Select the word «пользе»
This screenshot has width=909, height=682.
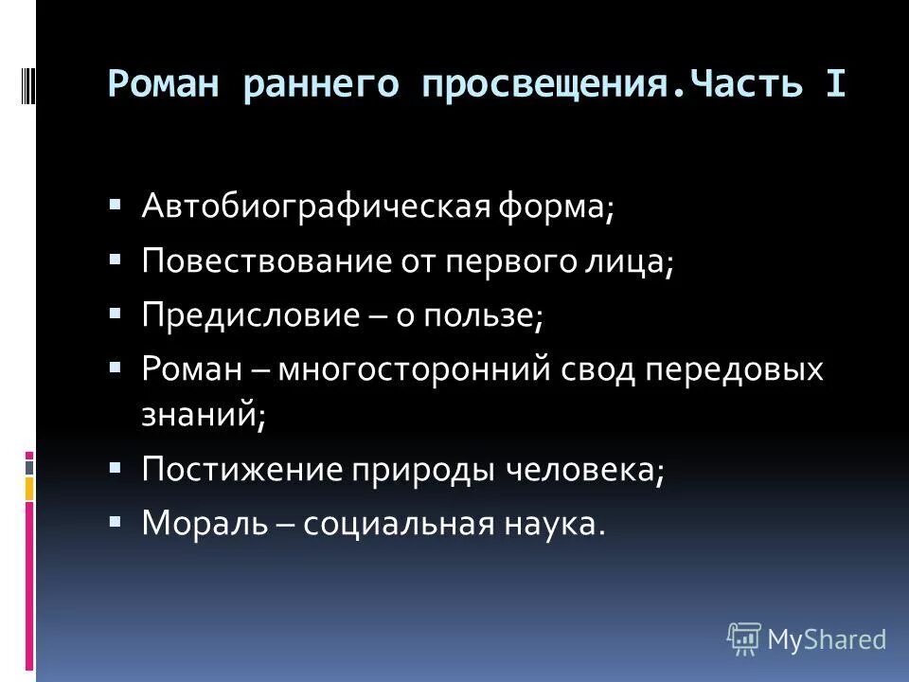tap(489, 315)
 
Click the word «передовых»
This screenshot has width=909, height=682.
tap(735, 369)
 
